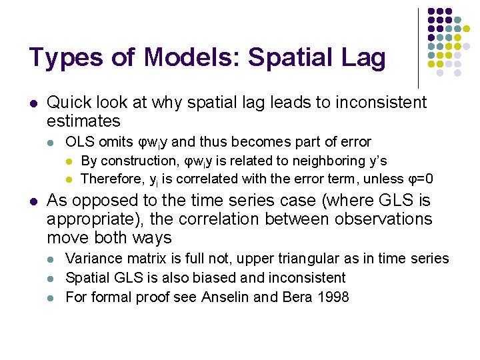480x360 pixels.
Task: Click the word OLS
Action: click(x=79, y=142)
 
